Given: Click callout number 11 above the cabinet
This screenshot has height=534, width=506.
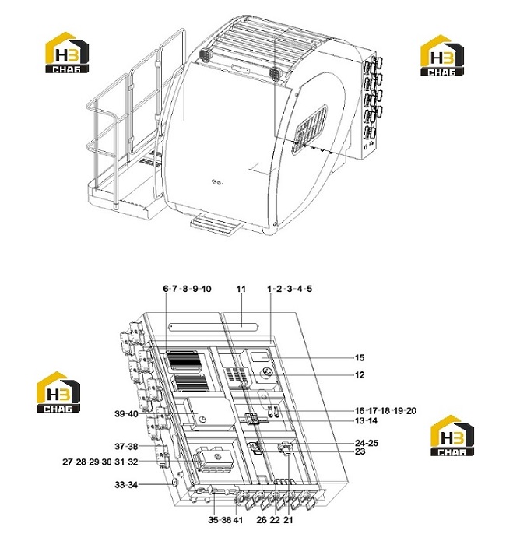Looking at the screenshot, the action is click(x=241, y=289).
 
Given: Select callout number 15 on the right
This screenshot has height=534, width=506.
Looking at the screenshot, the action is click(x=360, y=358).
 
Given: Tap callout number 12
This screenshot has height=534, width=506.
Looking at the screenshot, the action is click(x=360, y=375).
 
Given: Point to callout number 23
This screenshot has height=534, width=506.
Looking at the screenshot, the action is click(x=360, y=451).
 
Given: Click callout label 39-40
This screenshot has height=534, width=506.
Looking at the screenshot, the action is click(x=126, y=414).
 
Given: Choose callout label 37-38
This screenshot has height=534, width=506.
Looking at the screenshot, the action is click(x=126, y=446).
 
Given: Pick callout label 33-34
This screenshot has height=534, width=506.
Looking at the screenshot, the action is click(x=126, y=485).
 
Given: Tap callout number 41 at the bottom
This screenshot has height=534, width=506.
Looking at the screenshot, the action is click(x=238, y=520).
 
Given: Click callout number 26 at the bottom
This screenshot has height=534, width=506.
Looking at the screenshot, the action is click(x=262, y=520).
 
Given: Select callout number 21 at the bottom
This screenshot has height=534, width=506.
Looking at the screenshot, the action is click(x=288, y=520).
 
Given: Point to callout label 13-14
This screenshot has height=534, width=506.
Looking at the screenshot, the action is click(x=366, y=421).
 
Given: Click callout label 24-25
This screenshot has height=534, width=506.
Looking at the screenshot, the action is click(x=367, y=443).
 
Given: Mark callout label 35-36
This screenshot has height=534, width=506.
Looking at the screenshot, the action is click(x=220, y=520).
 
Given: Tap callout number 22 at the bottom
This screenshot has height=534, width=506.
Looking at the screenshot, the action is click(x=275, y=520).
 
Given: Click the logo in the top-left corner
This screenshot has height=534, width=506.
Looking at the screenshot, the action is click(x=67, y=53).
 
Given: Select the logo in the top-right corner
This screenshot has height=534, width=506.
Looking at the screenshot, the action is click(x=442, y=55).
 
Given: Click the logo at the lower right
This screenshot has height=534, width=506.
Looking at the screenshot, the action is click(x=452, y=436).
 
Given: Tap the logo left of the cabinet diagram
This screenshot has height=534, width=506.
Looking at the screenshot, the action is click(x=58, y=392).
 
